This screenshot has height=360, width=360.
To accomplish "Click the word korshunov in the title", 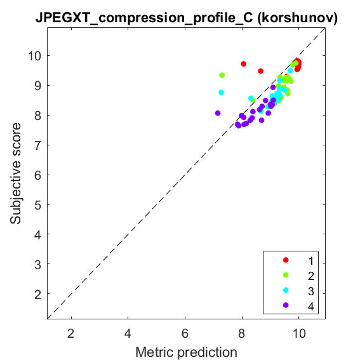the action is point(297,17).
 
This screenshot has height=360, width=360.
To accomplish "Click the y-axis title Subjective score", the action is point(15,173).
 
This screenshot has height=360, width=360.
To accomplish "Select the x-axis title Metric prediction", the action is point(186,352).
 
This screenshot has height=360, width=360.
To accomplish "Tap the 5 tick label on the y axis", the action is point(37,205).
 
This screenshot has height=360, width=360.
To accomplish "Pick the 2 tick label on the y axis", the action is point(37,294).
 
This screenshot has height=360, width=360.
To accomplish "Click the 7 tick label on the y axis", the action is point(37,145).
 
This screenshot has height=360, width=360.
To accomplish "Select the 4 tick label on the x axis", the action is point(128,333).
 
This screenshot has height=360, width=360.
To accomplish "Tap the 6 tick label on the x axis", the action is point(185,333).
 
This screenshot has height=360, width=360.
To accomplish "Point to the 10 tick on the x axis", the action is point(299,333).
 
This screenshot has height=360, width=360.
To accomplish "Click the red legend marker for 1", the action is point(286,260).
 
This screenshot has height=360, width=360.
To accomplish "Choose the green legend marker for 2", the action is point(286,275).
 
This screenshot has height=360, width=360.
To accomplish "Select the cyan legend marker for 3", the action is point(286,290).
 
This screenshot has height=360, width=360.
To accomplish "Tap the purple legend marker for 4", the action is point(286,305).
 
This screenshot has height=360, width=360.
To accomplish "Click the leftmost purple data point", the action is point(218,113).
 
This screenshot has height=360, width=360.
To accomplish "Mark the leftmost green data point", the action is point(222,76).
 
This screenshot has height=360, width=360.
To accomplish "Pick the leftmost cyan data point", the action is point(222,93).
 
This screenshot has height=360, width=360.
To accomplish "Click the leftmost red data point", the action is point(244,64).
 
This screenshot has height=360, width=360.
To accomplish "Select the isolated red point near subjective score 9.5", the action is point(260,71).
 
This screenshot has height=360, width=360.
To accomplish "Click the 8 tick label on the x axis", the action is point(242,333).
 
